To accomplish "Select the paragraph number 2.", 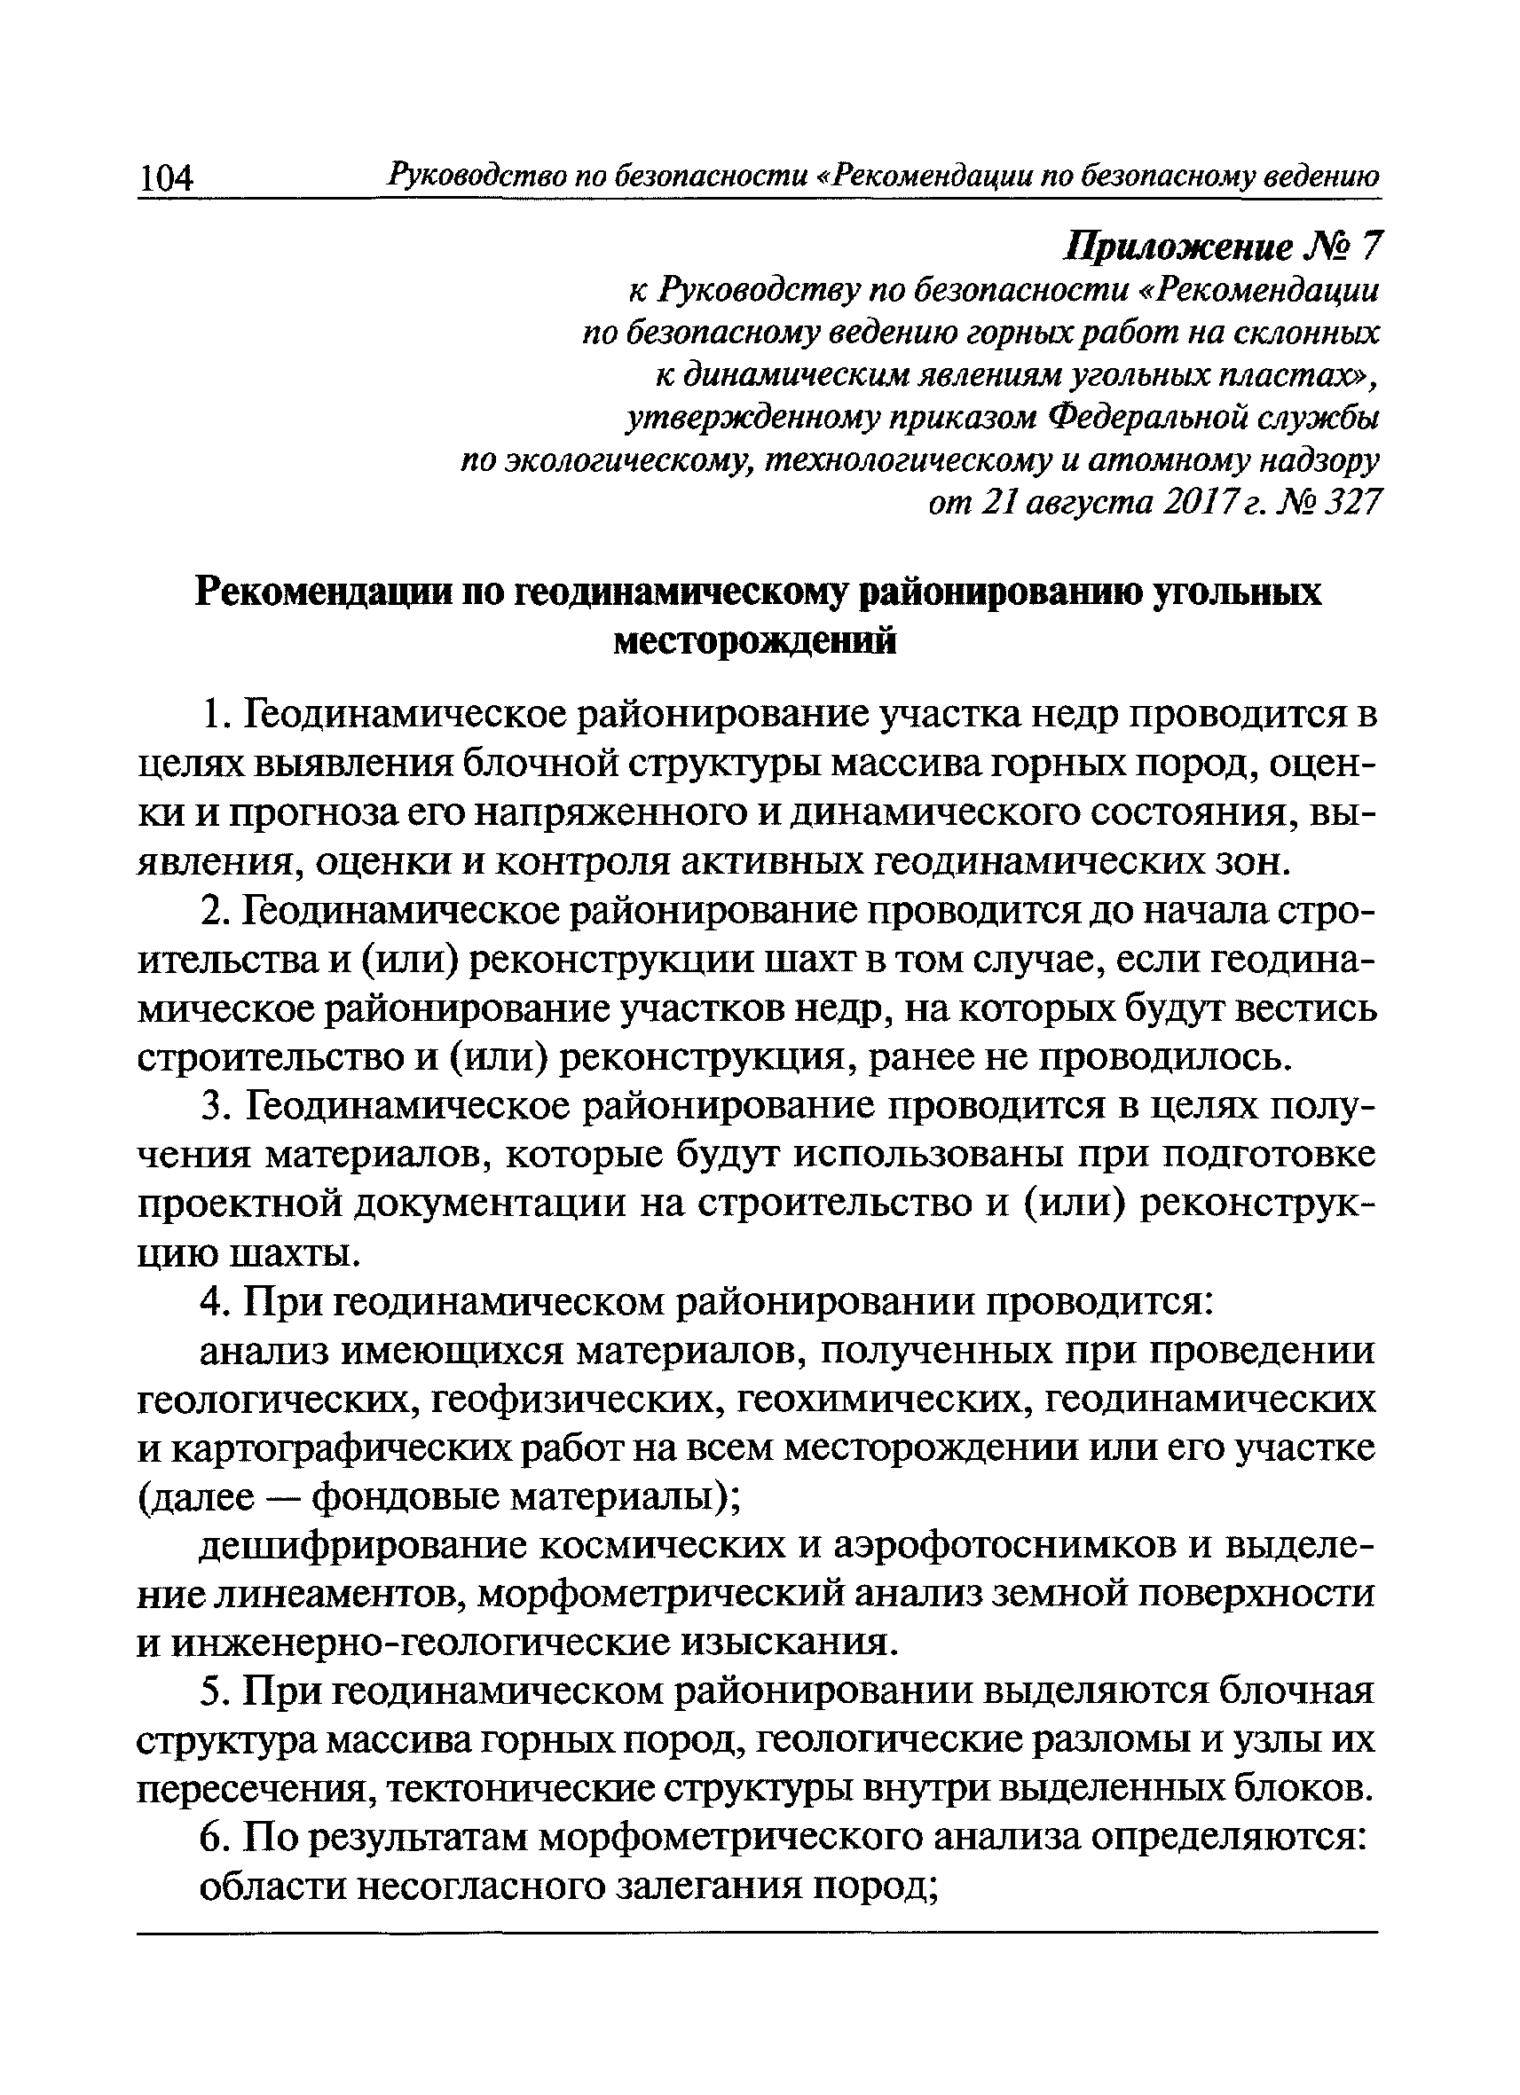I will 213,912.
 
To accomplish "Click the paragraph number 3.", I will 213,1108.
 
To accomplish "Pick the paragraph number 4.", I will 213,1303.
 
